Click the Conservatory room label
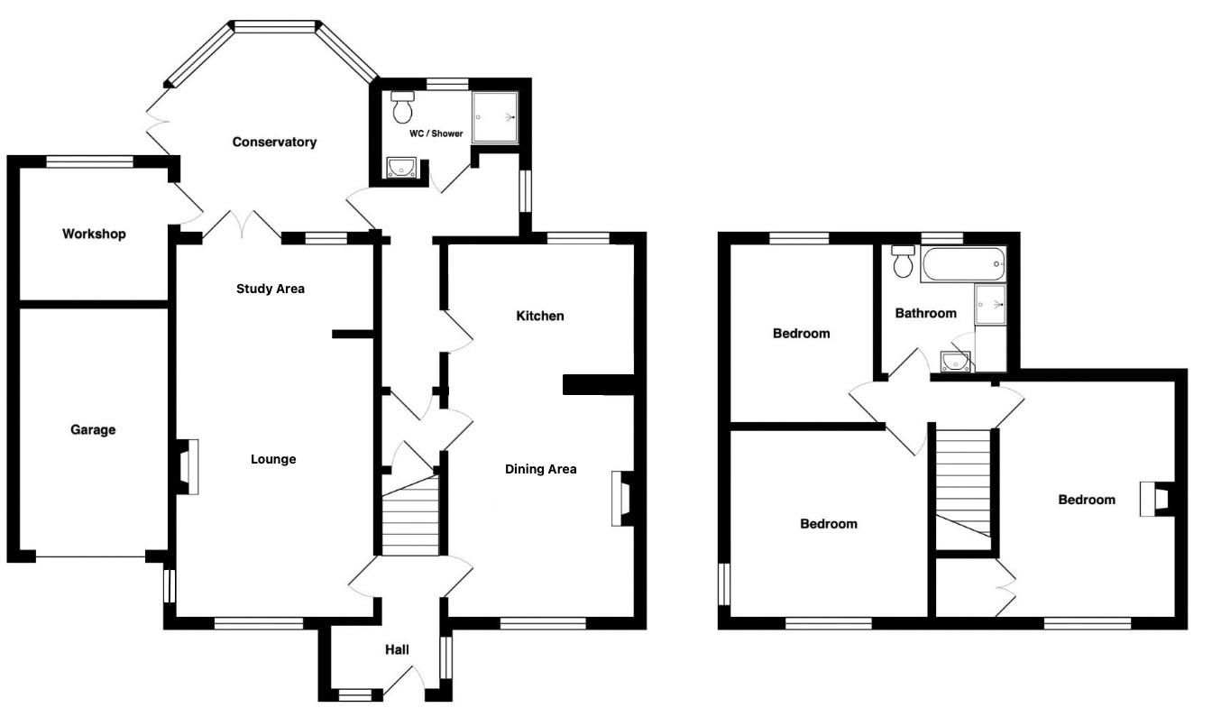(x=274, y=142)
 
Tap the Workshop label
(x=94, y=234)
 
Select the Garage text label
(x=94, y=430)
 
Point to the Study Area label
(x=271, y=289)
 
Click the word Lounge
(x=273, y=460)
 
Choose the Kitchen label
(x=539, y=317)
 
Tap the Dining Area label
(x=540, y=469)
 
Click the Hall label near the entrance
(x=397, y=650)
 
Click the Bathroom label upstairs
(x=925, y=314)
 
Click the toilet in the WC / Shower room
(x=403, y=108)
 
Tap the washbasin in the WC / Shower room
(x=400, y=167)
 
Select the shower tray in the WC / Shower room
(x=495, y=117)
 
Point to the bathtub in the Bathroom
(x=962, y=265)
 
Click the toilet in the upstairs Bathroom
(x=902, y=262)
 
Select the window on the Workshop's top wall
(x=89, y=162)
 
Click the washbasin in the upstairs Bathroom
(x=953, y=362)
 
